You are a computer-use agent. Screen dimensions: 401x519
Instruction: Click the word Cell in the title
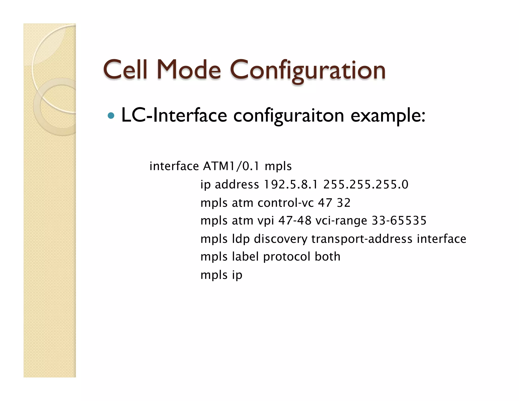pos(125,70)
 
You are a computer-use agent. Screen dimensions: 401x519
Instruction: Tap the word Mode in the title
pos(189,70)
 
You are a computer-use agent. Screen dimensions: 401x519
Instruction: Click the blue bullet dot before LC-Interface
pos(111,116)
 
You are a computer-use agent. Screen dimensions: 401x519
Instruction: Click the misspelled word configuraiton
pos(288,116)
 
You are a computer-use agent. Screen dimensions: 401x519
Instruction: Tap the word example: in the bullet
pos(388,116)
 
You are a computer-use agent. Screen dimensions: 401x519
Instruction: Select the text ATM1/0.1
pos(231,166)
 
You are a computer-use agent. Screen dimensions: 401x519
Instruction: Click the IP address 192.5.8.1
pos(291,184)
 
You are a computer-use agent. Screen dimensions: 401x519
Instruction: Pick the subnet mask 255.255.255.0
pos(366,184)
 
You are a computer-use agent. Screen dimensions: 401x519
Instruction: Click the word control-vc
pos(286,203)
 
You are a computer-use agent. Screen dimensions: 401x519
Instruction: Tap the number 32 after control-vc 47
pos(344,203)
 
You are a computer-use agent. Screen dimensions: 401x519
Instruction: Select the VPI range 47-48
pos(295,221)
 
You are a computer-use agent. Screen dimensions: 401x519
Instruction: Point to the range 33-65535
pos(399,221)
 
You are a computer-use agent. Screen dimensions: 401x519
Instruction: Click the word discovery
pos(281,239)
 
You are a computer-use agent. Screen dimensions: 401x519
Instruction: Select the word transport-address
pos(362,239)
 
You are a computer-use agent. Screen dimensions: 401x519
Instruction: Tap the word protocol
pos(287,257)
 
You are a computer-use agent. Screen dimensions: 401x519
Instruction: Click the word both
pos(327,257)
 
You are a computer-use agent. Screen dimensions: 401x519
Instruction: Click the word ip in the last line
pos(237,275)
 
